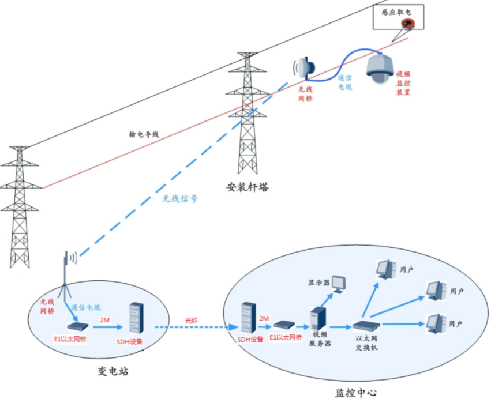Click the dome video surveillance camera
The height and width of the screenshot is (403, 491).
[380, 69]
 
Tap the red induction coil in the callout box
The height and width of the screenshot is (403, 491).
[408, 23]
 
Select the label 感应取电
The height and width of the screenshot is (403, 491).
[396, 12]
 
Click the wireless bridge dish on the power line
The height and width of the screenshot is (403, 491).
[305, 67]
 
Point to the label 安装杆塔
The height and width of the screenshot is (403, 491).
[248, 187]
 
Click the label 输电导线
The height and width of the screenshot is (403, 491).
[144, 134]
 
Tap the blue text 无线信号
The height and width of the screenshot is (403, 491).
[180, 198]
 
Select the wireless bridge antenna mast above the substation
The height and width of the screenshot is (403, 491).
[66, 276]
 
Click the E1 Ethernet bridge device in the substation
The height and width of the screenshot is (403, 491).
[78, 327]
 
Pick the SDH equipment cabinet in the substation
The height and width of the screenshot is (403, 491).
[136, 318]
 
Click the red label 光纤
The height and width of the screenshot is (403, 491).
[192, 321]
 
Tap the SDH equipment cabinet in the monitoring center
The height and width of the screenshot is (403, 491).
[248, 318]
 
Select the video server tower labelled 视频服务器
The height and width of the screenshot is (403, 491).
[318, 318]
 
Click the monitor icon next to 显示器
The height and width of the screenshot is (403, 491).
[339, 284]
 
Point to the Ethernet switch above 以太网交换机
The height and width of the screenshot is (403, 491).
[366, 326]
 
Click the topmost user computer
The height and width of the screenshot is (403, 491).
[386, 269]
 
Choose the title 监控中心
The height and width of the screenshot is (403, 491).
[356, 393]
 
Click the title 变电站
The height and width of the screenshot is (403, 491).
[113, 371]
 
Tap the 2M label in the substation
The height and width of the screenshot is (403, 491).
[104, 320]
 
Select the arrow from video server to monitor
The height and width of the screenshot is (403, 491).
[327, 300]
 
